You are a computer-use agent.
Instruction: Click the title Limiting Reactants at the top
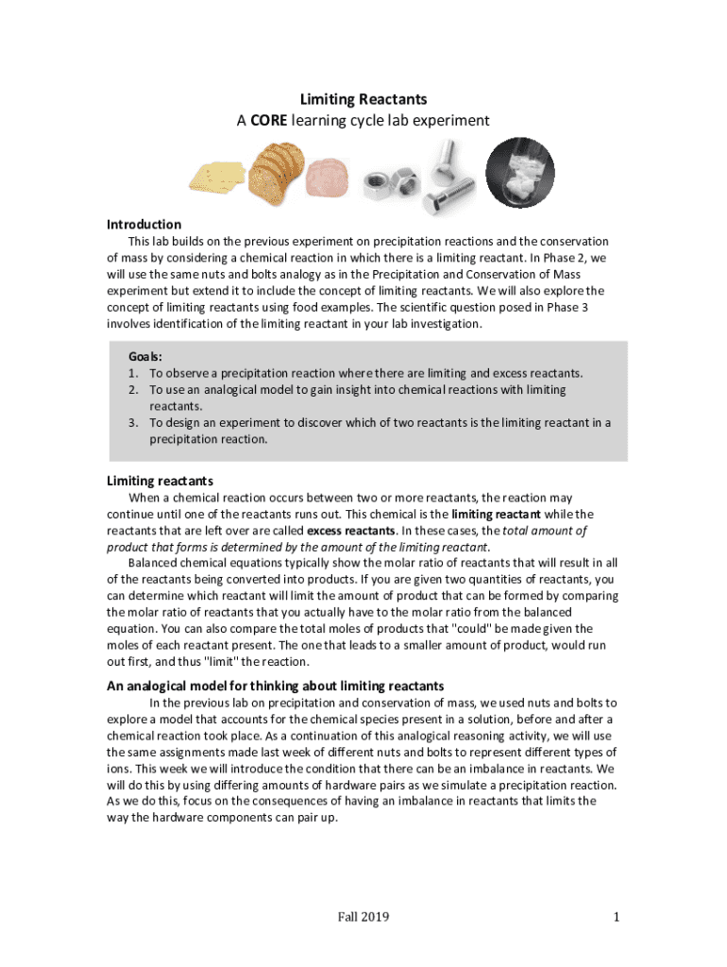coord(363,99)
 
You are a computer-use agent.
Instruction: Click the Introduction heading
coord(144,225)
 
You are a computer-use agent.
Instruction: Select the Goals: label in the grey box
coord(144,357)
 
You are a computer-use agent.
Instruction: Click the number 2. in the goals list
coord(134,389)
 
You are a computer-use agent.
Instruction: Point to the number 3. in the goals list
coord(134,423)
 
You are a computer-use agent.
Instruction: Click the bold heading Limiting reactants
coord(160,481)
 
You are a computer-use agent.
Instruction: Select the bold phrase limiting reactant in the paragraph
coord(496,514)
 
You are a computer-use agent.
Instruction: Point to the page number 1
coord(616,917)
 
